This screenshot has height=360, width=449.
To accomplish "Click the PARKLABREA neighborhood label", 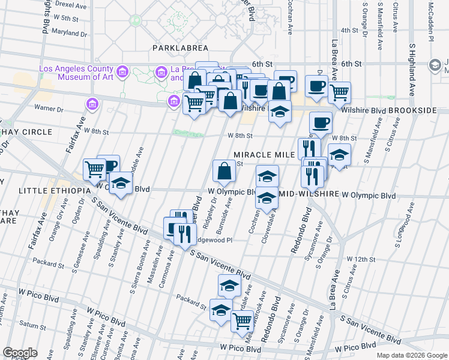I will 180,47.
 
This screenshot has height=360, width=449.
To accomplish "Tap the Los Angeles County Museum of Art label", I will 76,73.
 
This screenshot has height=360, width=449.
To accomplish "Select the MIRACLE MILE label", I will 264,155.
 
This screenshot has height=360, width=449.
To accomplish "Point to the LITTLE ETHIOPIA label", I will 46,191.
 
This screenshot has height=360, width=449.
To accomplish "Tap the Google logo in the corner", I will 20,353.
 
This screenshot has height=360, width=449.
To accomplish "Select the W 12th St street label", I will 361,259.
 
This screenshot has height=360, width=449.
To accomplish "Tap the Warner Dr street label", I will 49,109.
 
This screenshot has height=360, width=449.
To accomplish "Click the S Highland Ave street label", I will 412,70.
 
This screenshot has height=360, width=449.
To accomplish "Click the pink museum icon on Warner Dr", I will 92,104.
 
